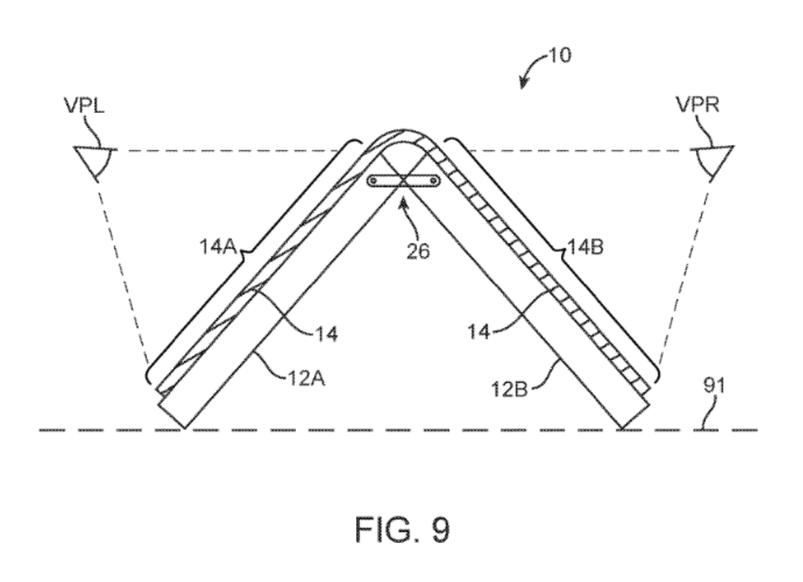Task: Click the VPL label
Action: pyautogui.click(x=84, y=105)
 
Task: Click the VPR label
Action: pyautogui.click(x=697, y=104)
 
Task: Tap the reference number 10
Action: pyautogui.click(x=560, y=55)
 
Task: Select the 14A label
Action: pyautogui.click(x=218, y=247)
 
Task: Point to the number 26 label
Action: pyautogui.click(x=418, y=251)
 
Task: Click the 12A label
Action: pyautogui.click(x=306, y=378)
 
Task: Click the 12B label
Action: pyautogui.click(x=509, y=390)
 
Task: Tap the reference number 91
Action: pyautogui.click(x=714, y=385)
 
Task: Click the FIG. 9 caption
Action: pyautogui.click(x=402, y=530)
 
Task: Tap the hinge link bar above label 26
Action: pyautogui.click(x=404, y=182)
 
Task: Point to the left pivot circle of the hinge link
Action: pyautogui.click(x=374, y=181)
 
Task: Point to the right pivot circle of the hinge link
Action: pyautogui.click(x=434, y=181)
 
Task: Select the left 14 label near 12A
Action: pyautogui.click(x=326, y=334)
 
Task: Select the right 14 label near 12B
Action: pyautogui.click(x=479, y=332)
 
